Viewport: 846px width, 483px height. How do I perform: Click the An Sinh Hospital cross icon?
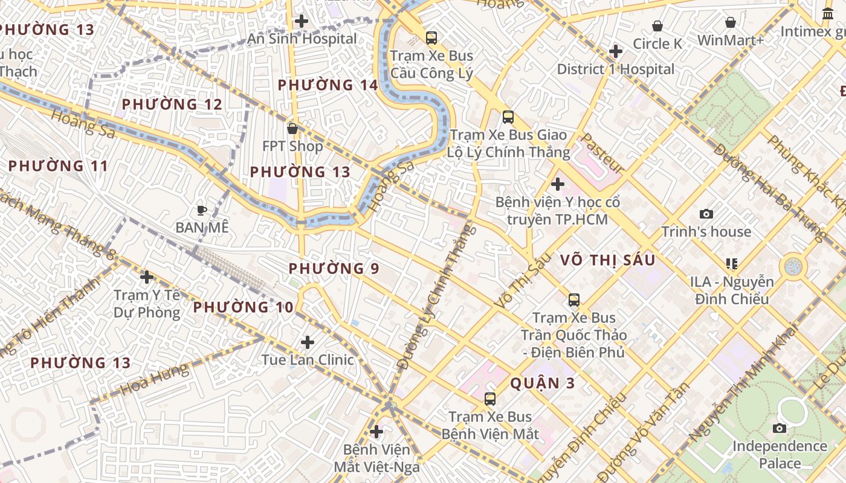(301, 21)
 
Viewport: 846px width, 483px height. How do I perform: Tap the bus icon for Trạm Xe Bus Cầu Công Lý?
(431, 38)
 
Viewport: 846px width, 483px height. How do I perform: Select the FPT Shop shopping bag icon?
(292, 129)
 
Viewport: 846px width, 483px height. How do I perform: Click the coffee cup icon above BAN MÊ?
(202, 210)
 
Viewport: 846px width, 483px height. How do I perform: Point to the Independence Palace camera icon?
(780, 428)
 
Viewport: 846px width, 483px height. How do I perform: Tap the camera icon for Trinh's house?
(706, 214)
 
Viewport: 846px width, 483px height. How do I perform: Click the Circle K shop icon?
(657, 26)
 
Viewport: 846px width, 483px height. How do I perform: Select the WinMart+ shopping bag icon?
(731, 22)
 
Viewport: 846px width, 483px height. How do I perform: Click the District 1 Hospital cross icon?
(615, 51)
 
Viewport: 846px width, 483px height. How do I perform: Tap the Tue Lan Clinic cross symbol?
(308, 342)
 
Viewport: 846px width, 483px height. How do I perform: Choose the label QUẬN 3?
(543, 383)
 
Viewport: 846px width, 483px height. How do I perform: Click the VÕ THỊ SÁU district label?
(607, 260)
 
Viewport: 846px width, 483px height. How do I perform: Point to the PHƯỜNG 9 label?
(334, 268)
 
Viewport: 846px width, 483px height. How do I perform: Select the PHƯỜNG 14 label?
(328, 85)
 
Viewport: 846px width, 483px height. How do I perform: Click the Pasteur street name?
(601, 153)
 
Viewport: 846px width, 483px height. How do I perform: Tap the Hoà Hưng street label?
(154, 380)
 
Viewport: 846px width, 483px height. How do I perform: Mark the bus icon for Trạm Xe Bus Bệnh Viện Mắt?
(490, 398)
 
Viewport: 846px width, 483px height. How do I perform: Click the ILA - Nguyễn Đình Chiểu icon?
(731, 264)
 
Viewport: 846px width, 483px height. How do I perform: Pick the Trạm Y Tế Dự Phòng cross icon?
(146, 277)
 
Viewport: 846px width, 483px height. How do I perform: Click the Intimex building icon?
(828, 13)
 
